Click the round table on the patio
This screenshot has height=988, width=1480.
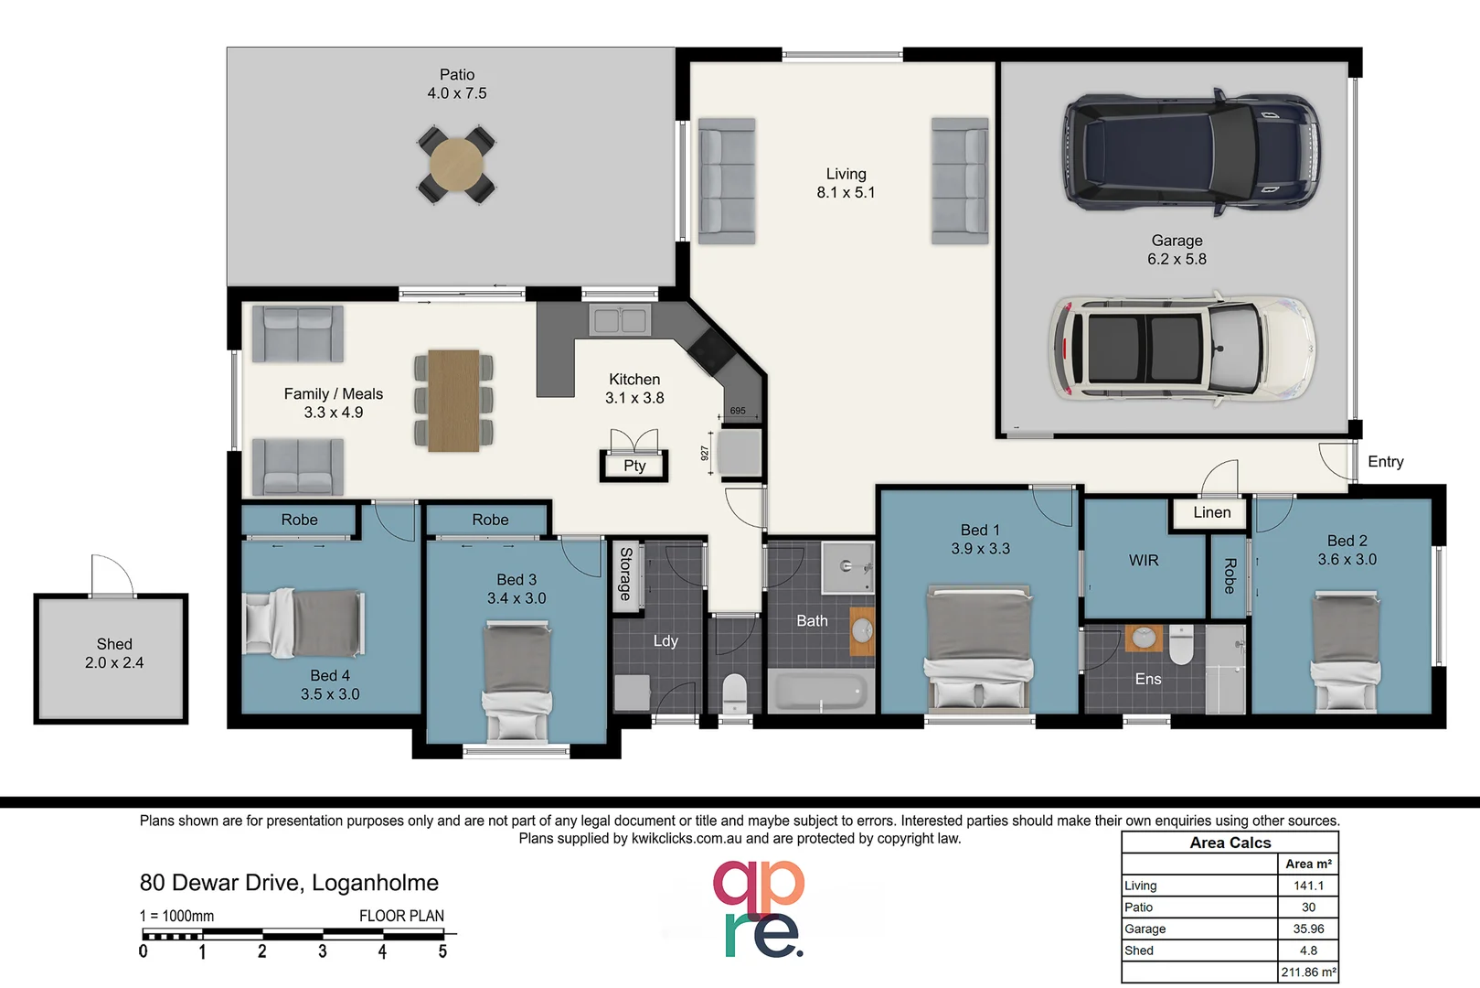point(456,164)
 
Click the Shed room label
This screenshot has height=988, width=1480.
point(114,644)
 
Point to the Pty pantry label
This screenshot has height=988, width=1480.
point(634,466)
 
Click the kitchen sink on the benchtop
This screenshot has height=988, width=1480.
point(620,320)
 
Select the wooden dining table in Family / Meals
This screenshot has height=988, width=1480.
point(453,401)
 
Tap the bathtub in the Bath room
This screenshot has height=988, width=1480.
point(818,691)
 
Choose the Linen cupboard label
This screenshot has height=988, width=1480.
point(1211,512)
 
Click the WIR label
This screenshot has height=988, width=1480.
point(1143,560)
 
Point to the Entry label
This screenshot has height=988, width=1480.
point(1385,462)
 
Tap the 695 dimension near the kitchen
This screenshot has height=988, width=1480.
point(738,411)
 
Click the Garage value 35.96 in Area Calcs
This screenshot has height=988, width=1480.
point(1308,929)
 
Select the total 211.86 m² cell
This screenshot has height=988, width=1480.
point(1308,972)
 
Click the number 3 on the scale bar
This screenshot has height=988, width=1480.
point(322,951)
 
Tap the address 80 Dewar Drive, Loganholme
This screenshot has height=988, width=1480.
point(289,883)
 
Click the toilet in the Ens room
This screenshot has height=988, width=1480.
point(1181,644)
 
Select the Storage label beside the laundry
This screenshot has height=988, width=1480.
point(625,574)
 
